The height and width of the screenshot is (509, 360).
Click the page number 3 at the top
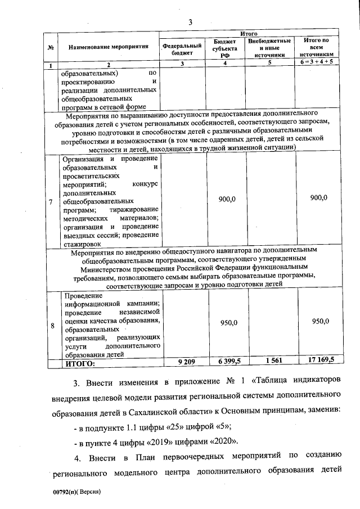(190, 22)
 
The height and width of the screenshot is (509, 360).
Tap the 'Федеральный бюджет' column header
(182, 48)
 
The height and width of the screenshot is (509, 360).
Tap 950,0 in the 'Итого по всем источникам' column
(319, 321)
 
